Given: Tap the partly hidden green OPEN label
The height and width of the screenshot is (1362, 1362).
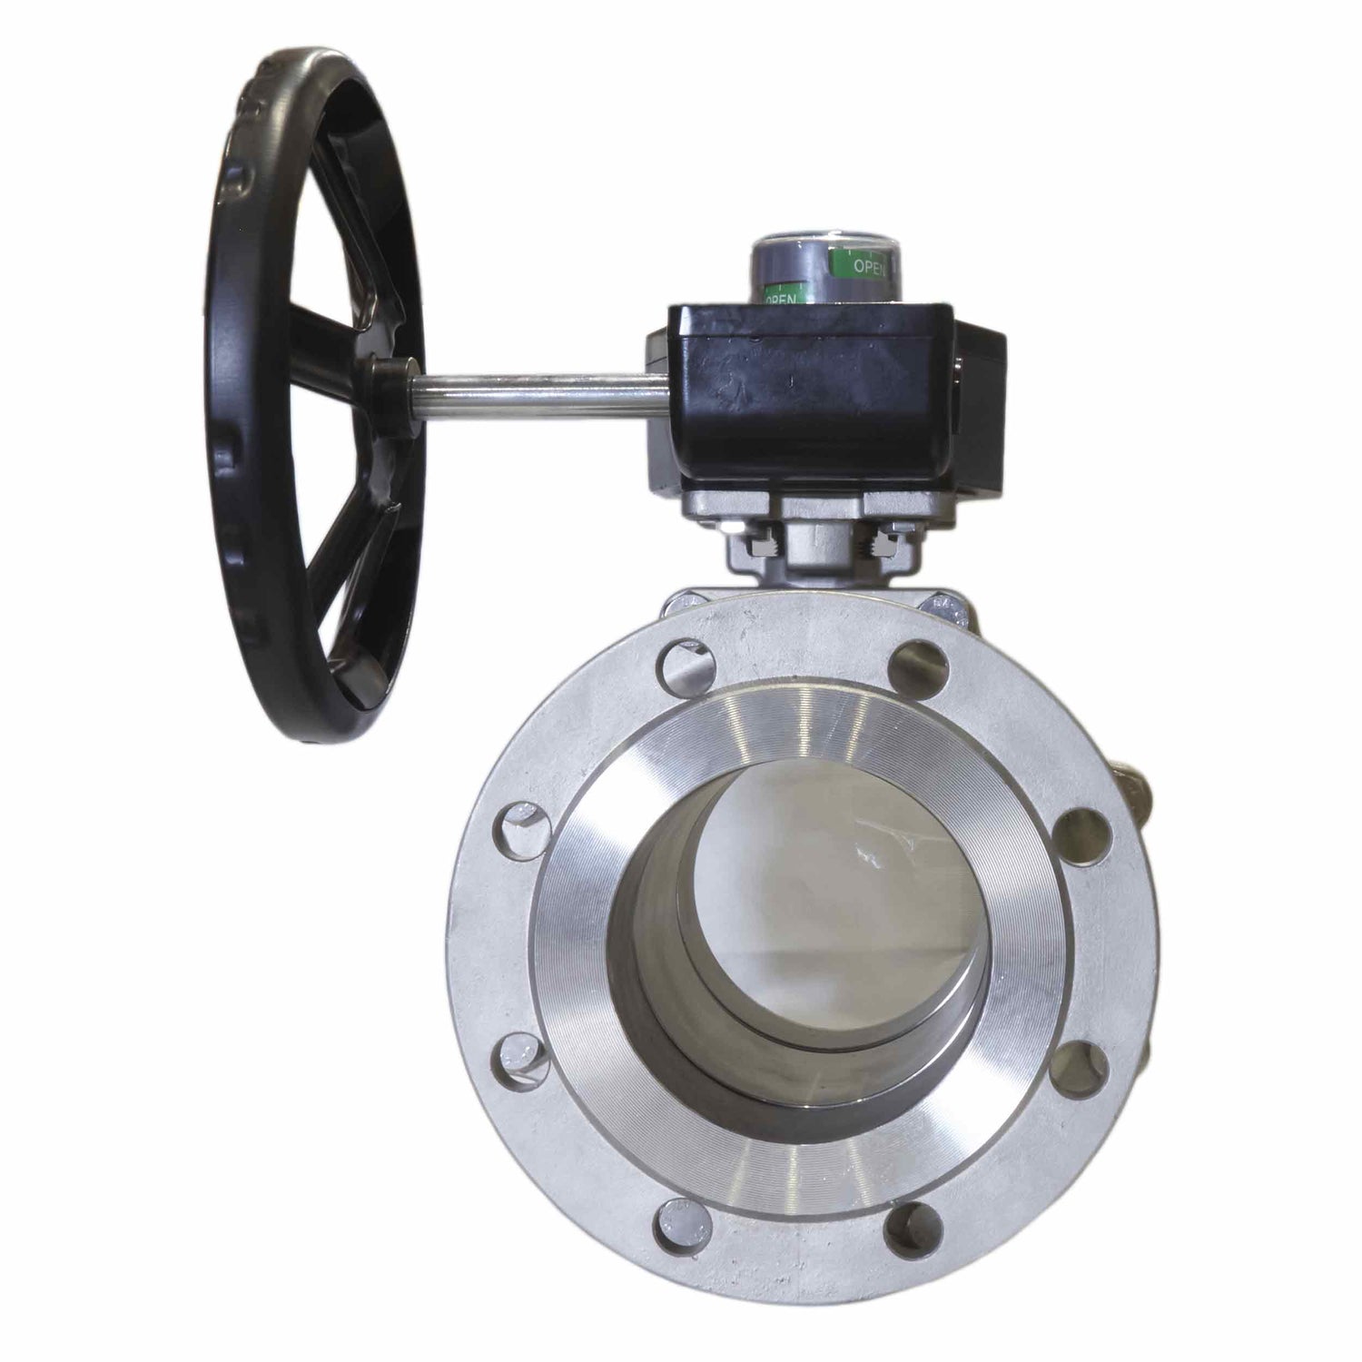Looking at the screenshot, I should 782,297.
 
